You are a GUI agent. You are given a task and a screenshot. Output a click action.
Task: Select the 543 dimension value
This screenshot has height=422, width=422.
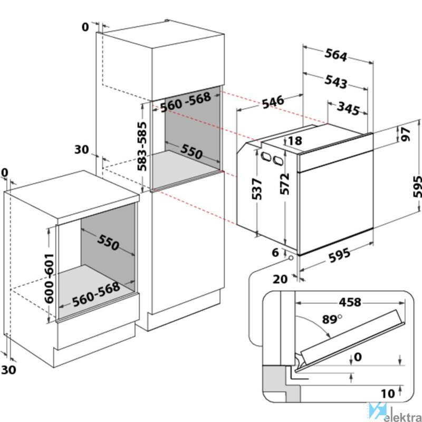335,82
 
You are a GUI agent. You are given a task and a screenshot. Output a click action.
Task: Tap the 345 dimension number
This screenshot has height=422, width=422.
348,109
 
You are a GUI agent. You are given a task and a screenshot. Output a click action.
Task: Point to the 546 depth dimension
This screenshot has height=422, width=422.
273,102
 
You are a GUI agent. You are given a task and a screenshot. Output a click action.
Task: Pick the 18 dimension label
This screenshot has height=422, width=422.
295,141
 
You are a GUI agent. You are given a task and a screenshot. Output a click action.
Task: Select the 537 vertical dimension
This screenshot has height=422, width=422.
257,189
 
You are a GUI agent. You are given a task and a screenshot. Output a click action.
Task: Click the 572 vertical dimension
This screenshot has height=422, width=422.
284,184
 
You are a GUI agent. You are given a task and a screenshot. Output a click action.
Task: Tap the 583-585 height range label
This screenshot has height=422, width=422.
142,147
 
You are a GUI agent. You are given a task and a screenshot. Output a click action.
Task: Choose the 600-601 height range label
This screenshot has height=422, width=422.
49,279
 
